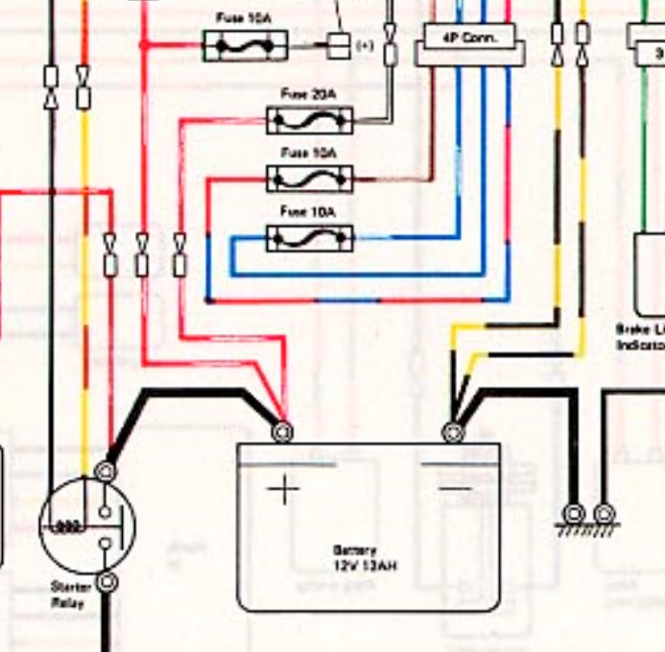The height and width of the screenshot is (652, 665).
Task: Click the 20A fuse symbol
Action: point(309,120)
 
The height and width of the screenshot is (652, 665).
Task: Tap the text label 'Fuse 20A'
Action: point(309,94)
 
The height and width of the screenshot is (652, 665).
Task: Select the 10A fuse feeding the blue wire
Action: point(309,237)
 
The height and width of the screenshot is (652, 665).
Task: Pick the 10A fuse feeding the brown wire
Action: point(309,179)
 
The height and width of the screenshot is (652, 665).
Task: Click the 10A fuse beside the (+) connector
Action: point(245,45)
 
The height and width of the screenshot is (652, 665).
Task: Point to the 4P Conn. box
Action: point(469,39)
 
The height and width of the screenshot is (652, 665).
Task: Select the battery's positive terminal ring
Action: point(282,432)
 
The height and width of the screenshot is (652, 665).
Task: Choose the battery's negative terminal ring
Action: point(453,432)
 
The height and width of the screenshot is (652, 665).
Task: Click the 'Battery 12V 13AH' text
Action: point(364,558)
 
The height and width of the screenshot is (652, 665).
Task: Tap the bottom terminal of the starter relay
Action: point(107,581)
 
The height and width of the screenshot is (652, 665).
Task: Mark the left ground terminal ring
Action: point(575,514)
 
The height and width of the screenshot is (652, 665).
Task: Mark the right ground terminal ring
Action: point(603,514)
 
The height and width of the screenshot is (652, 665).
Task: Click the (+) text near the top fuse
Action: point(365,46)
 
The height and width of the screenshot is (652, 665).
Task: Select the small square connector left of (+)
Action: point(339,45)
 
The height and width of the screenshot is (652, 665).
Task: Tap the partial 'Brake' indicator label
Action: point(640,335)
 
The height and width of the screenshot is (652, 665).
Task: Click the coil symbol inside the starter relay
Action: point(68,526)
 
